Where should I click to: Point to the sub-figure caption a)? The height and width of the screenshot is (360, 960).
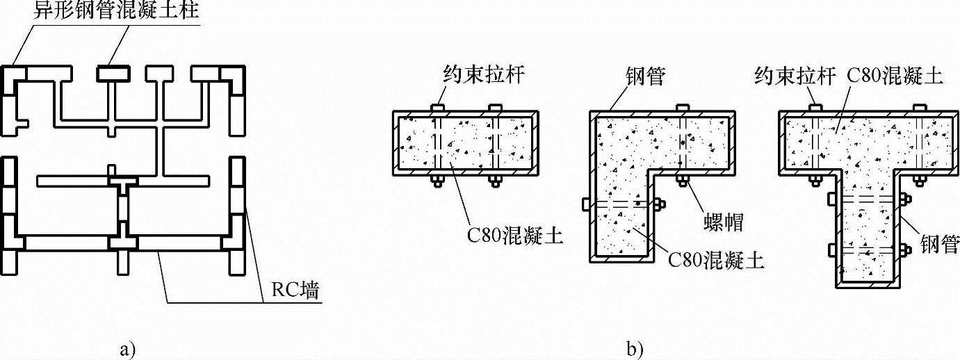127,347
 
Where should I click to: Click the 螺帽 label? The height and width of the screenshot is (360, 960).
723,222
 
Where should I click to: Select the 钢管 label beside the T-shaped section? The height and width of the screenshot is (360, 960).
939,243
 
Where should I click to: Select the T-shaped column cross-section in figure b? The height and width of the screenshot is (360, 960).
862,181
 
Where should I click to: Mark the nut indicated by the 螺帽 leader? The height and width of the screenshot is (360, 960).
681,182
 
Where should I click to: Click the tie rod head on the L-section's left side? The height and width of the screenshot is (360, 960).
585,205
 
